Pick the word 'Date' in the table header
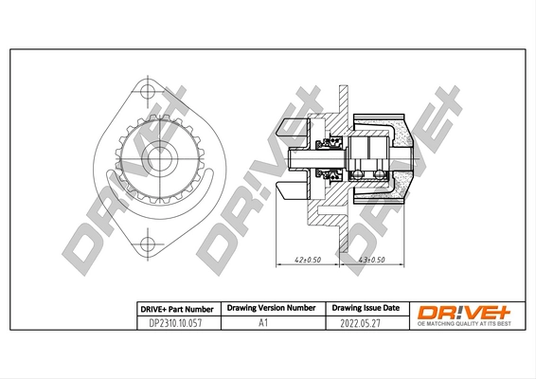coord(390,309)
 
